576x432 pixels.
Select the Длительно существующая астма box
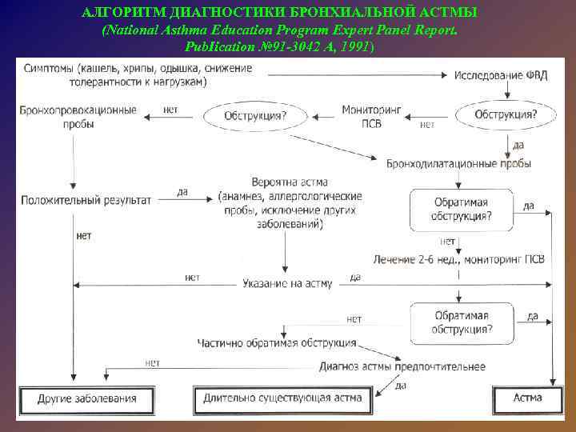pyautogui.click(x=282, y=398)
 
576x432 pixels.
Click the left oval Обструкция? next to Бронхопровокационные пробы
pyautogui.click(x=254, y=117)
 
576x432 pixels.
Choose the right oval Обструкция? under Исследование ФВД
pyautogui.click(x=506, y=115)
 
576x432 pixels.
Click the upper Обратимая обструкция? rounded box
pyautogui.click(x=462, y=209)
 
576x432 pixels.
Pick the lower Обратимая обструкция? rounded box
pyautogui.click(x=462, y=322)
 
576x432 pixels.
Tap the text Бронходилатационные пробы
pyautogui.click(x=458, y=163)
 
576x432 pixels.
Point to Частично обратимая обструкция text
pyautogui.click(x=277, y=342)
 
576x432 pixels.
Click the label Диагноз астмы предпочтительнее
pyautogui.click(x=402, y=366)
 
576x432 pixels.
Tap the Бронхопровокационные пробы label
pyautogui.click(x=78, y=117)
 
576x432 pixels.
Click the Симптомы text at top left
pyautogui.click(x=50, y=68)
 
